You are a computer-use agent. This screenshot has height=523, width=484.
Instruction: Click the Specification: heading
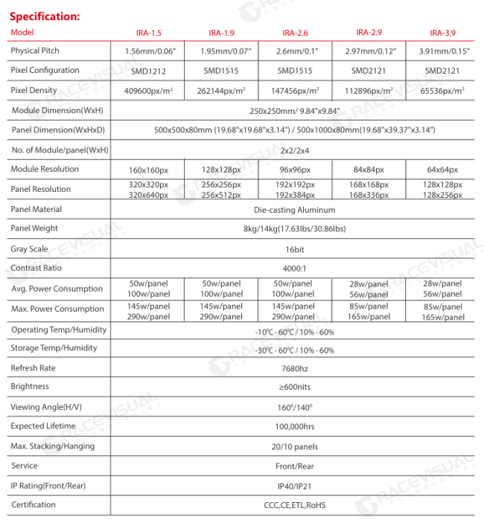[x=44, y=15]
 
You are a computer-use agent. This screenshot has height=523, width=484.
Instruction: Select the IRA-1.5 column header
[x=148, y=33]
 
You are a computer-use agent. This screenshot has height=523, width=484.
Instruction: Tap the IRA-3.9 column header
[x=442, y=33]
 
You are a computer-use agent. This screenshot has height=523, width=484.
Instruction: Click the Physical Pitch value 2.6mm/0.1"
[x=295, y=51]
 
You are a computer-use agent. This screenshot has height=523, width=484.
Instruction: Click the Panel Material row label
[x=36, y=210]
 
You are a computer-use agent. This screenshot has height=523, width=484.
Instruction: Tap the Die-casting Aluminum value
[x=295, y=210]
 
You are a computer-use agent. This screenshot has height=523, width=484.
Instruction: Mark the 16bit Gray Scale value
[x=295, y=248]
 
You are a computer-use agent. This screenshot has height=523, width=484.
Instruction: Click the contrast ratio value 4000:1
[x=295, y=268]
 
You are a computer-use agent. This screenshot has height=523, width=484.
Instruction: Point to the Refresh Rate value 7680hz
[x=295, y=368]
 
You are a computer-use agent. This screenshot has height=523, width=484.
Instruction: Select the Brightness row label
[x=30, y=387]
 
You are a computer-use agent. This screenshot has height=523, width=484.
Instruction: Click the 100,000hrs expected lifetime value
[x=295, y=426]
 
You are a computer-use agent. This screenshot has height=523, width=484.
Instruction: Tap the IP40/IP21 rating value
[x=295, y=486]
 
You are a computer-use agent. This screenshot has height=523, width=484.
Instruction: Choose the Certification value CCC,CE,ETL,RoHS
[x=295, y=505]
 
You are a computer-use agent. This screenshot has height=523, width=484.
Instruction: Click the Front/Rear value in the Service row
[x=295, y=466]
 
